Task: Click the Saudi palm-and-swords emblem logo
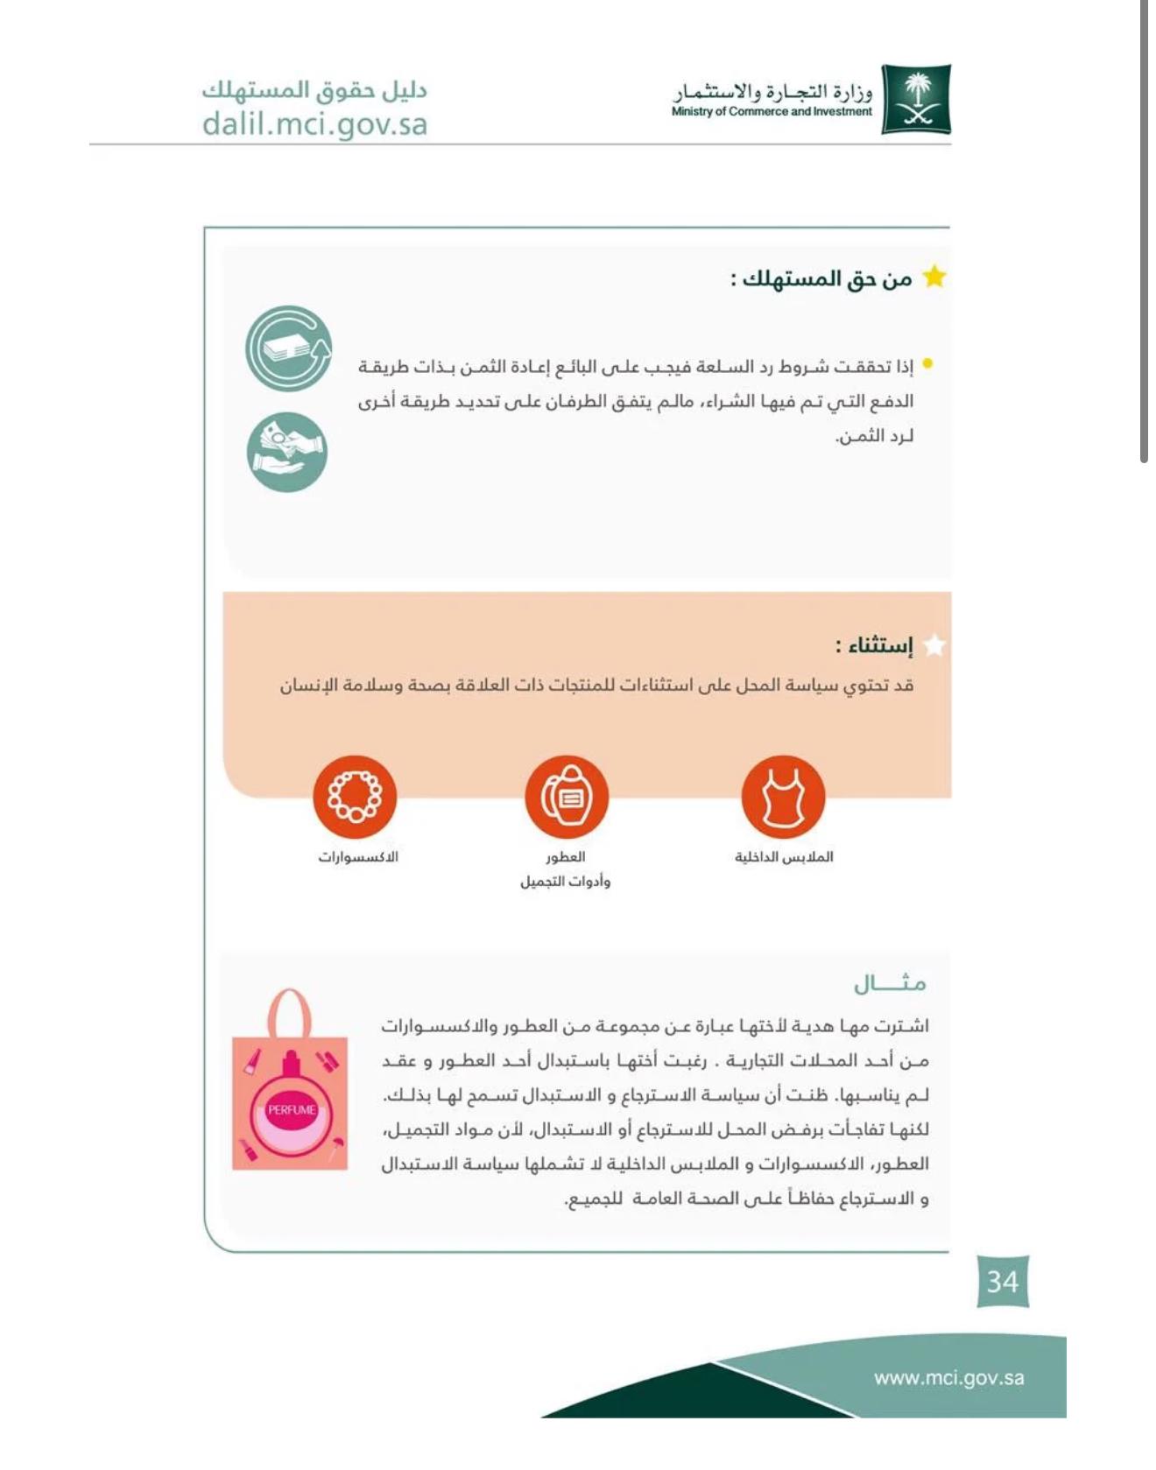[x=916, y=99]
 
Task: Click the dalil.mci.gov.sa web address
[x=314, y=123]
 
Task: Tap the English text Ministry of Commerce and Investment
[x=772, y=112]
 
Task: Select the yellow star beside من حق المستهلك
[x=934, y=278]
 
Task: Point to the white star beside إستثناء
[x=934, y=645]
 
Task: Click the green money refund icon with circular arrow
[x=289, y=348]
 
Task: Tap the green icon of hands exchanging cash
[x=287, y=452]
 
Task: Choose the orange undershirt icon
[x=783, y=797]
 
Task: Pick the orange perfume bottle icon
[x=567, y=797]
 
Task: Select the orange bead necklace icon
[x=355, y=797]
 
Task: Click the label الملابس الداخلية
[x=784, y=856]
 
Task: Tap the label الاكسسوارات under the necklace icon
[x=357, y=856]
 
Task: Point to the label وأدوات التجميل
[x=565, y=881]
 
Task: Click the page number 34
[x=1003, y=1281]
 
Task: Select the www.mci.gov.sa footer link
[x=948, y=1377]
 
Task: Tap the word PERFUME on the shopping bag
[x=292, y=1109]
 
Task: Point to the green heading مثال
[x=890, y=984]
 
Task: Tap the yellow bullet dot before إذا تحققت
[x=927, y=364]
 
